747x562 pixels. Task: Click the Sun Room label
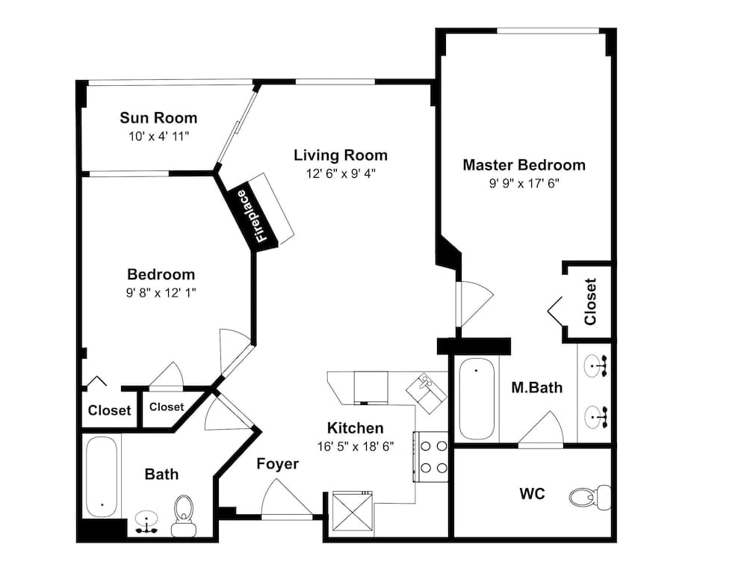[158, 117]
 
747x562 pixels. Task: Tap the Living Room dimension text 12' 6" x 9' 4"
[340, 173]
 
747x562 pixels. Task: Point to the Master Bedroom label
[524, 164]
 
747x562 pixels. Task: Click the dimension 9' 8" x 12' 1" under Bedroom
[161, 293]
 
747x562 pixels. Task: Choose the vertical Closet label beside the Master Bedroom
[590, 301]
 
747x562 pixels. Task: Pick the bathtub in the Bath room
[100, 475]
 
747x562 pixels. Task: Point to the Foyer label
[277, 464]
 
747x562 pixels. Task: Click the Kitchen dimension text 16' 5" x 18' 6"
[356, 446]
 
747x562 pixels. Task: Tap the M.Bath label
[536, 388]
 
